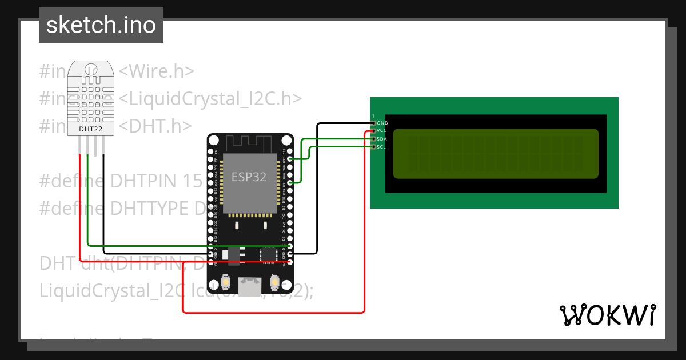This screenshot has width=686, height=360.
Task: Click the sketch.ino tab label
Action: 101,25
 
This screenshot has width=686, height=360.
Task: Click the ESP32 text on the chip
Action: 249,177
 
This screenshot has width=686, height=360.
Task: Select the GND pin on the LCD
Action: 373,123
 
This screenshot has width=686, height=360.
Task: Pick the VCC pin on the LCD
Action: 373,131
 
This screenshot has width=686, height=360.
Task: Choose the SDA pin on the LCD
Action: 373,139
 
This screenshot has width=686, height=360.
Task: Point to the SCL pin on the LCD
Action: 373,147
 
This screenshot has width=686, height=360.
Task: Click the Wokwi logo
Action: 607,315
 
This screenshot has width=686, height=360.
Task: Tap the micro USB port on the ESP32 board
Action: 250,286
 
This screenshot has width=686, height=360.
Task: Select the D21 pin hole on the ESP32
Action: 290,183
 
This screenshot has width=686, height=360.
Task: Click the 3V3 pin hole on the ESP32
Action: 290,262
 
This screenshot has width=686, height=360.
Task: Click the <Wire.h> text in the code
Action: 156,71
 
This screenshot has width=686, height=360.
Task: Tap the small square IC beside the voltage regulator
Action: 268,255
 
